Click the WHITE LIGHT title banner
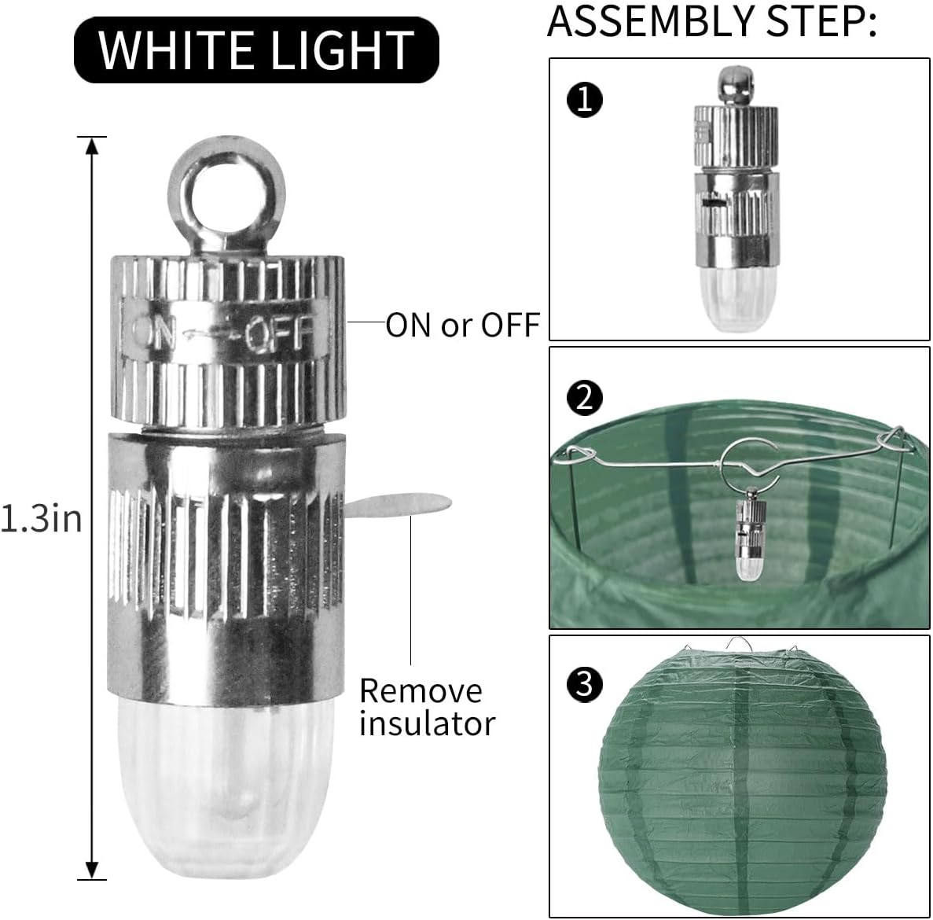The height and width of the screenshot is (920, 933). [x=256, y=50]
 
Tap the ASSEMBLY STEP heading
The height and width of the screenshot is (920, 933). [x=711, y=21]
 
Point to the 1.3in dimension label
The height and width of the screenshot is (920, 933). [x=41, y=518]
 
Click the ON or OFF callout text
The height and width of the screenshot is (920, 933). [x=462, y=325]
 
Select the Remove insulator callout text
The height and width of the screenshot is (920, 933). [x=428, y=707]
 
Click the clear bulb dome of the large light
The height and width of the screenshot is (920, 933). [x=226, y=786]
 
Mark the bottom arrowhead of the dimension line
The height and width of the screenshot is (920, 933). [x=92, y=870]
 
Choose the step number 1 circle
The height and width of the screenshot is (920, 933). [x=585, y=99]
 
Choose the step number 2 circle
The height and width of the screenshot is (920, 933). [x=585, y=398]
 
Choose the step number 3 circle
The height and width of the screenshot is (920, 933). [x=585, y=684]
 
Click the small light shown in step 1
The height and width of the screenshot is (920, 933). [x=736, y=199]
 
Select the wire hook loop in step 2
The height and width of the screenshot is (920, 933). [x=750, y=458]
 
